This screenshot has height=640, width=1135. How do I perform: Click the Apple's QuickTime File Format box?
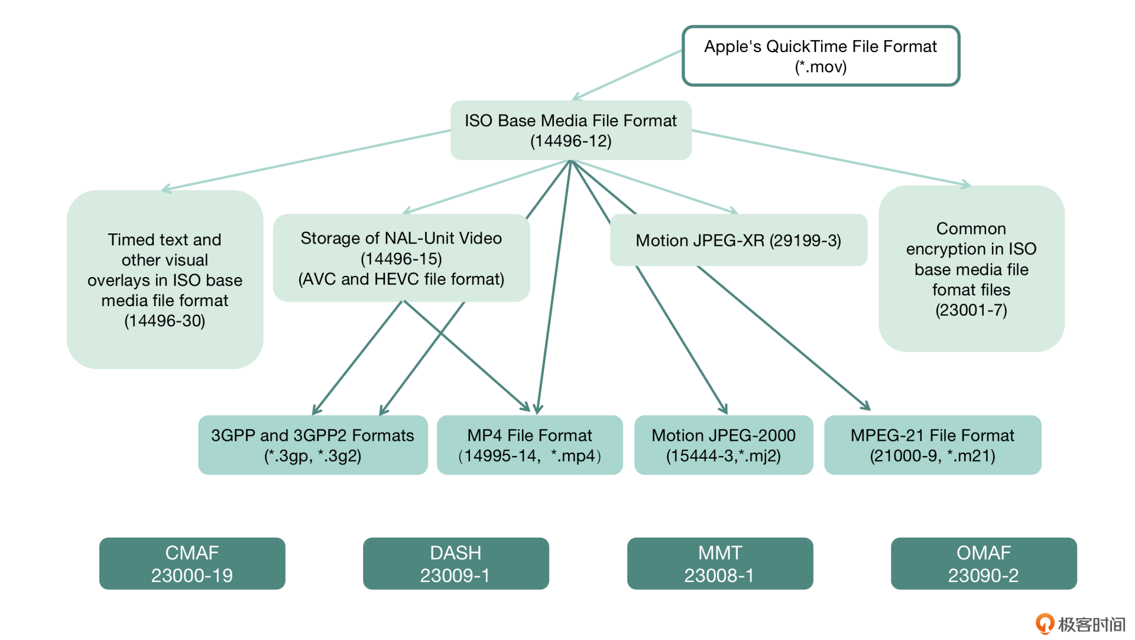tap(821, 56)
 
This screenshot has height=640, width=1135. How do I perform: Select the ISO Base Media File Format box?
tap(570, 130)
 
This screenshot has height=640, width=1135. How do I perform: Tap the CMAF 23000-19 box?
tap(192, 563)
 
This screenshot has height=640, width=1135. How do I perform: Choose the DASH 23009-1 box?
tap(456, 563)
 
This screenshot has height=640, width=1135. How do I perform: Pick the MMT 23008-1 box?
tap(720, 563)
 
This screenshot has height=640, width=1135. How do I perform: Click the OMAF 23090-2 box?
tap(984, 563)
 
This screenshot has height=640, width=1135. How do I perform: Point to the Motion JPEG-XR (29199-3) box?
tap(738, 241)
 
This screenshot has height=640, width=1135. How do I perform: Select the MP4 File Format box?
tap(530, 445)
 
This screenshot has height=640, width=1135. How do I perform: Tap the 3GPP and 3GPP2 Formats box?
tap(313, 445)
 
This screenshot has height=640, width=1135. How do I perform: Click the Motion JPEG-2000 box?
tap(724, 445)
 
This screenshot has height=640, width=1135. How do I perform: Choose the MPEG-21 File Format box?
tap(932, 445)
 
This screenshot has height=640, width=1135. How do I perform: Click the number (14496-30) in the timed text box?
tap(164, 321)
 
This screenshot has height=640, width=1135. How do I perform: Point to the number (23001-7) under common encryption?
tap(971, 310)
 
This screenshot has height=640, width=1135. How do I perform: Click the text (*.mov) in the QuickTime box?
tap(821, 67)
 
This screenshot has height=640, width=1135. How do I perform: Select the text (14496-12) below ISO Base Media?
tap(570, 141)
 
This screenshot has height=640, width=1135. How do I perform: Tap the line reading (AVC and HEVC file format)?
tap(401, 279)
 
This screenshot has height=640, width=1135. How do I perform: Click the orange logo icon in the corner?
tap(1045, 623)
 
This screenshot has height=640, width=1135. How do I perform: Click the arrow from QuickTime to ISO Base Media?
tap(627, 75)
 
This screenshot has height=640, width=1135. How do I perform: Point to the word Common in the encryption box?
tap(971, 229)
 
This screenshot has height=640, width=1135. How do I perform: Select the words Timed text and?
tap(164, 240)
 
